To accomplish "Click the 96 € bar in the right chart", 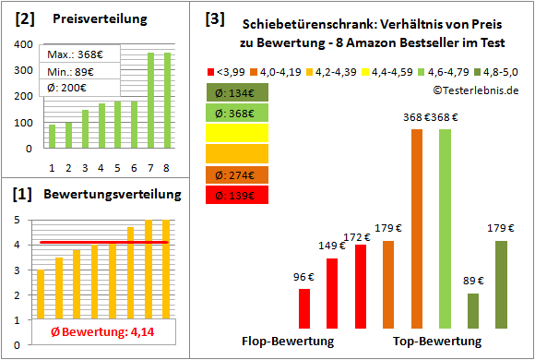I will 304,309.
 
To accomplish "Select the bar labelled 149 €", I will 332,294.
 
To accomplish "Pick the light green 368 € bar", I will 445,229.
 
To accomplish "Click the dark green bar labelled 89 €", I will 473,311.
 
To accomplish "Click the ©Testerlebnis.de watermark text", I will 476,90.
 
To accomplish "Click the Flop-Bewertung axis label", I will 288,342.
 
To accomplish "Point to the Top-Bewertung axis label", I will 437,342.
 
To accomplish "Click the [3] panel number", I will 214,18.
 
